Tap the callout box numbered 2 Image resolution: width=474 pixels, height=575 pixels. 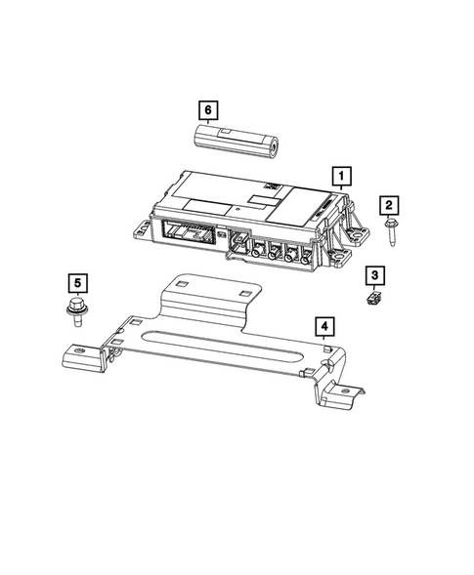389,204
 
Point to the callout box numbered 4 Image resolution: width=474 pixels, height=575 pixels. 323,326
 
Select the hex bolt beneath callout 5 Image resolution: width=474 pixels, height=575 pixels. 76,312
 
